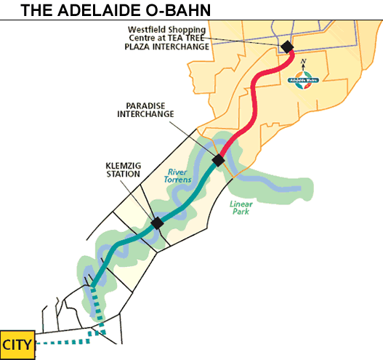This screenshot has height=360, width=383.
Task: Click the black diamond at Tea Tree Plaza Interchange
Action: point(287,47)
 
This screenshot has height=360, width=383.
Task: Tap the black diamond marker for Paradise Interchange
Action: point(218,160)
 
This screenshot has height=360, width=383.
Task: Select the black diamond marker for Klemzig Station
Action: point(156,223)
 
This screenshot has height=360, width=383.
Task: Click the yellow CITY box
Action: point(17,343)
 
